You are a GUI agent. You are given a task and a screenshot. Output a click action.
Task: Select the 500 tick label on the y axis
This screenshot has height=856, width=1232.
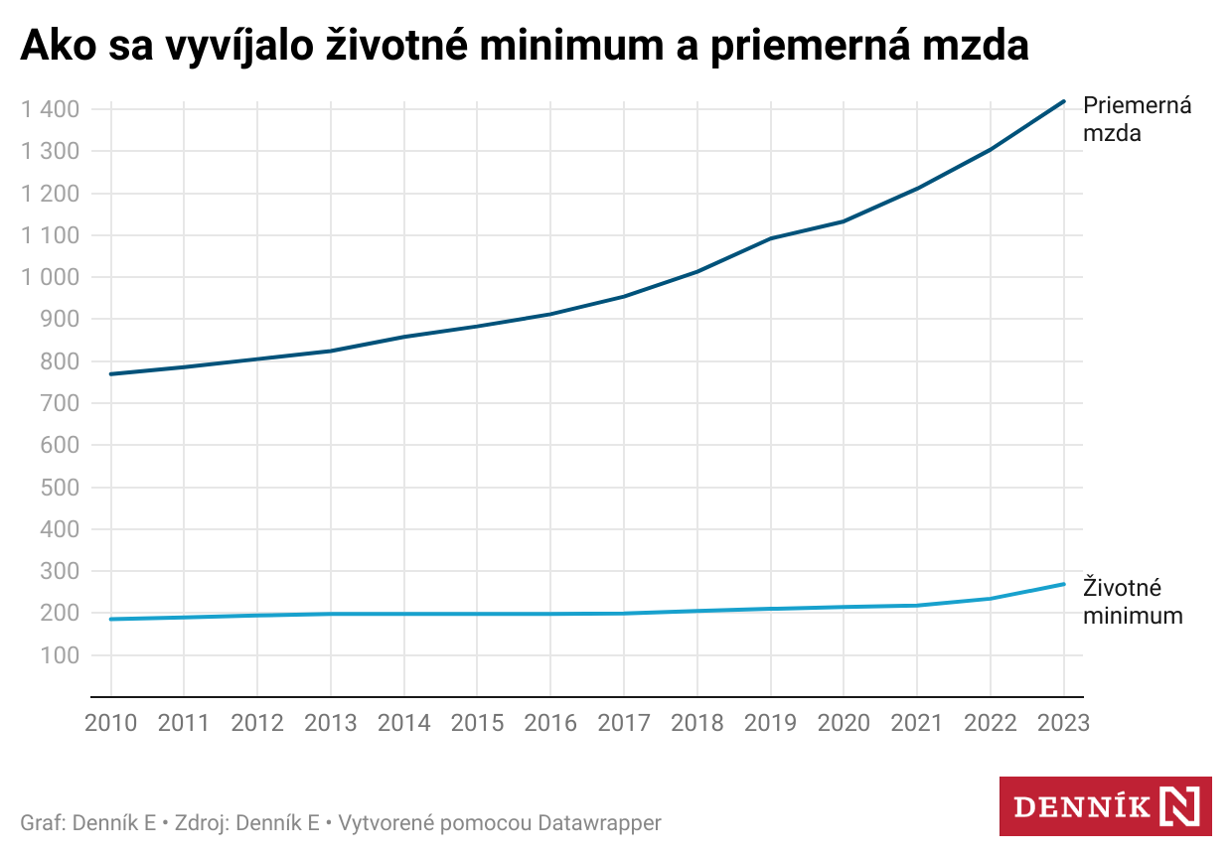click(61, 488)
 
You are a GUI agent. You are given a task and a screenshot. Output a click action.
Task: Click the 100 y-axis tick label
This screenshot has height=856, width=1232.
click(61, 655)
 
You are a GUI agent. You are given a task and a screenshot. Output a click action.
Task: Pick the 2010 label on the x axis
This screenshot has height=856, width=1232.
click(111, 723)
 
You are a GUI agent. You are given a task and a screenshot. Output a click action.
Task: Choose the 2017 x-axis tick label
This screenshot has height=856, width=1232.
click(624, 723)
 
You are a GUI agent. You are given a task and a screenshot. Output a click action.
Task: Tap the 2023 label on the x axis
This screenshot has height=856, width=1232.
click(1063, 723)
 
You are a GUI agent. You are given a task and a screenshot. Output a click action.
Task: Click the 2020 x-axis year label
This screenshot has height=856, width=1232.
click(844, 723)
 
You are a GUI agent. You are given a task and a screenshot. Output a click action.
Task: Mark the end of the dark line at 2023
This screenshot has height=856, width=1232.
click(1063, 101)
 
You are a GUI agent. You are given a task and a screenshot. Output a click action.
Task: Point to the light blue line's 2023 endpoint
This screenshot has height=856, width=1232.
click(1063, 584)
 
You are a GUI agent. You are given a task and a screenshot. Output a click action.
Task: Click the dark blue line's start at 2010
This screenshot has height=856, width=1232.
click(111, 373)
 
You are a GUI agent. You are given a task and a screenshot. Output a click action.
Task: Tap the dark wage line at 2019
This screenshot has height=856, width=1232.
click(770, 238)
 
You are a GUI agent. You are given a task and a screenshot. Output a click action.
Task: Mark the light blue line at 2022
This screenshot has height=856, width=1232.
click(990, 598)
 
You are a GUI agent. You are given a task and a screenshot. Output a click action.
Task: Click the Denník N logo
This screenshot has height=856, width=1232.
click(1105, 806)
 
